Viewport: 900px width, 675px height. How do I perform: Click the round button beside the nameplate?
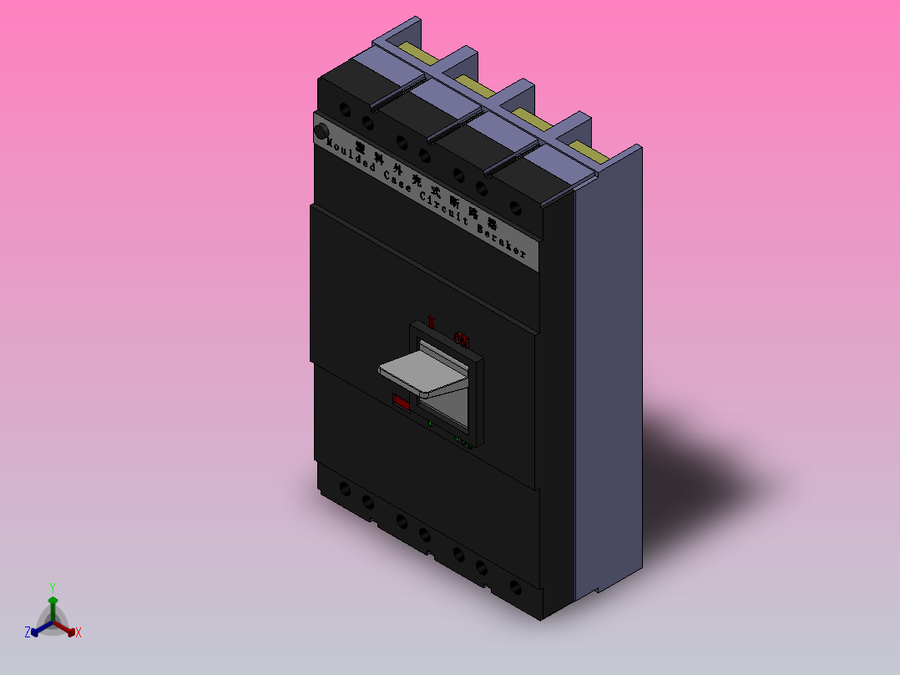321,132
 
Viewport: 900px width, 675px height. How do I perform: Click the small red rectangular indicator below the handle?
402,402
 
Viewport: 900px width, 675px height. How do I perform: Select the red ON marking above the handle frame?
462,339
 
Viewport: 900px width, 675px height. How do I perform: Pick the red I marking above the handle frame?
432,322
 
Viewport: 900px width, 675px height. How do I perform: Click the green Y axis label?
53,587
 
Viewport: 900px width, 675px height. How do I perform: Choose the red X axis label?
78,633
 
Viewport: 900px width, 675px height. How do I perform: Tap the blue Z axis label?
28,633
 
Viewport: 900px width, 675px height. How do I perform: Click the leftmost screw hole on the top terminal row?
345,109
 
